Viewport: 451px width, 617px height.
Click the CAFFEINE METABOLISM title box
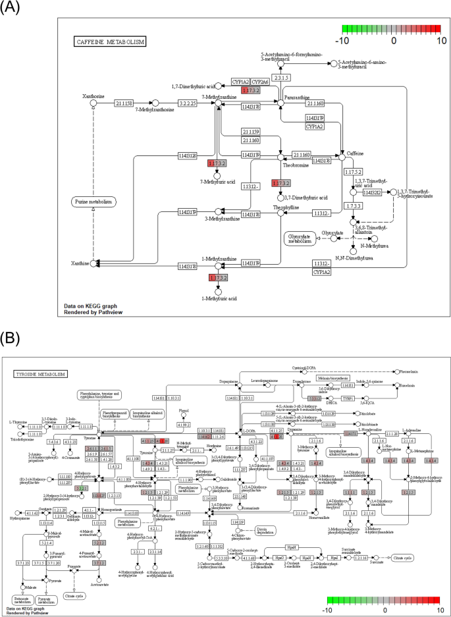(109, 41)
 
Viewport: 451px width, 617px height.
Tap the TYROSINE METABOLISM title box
(40, 374)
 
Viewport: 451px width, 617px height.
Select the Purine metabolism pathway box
(92, 201)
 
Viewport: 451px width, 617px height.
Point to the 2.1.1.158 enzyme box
(124, 103)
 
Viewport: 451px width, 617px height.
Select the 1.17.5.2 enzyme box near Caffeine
(354, 172)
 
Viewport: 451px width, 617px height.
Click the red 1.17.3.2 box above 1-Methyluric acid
(217, 279)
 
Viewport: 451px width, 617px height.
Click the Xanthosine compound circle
(93, 103)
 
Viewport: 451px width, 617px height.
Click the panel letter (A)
(14, 9)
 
